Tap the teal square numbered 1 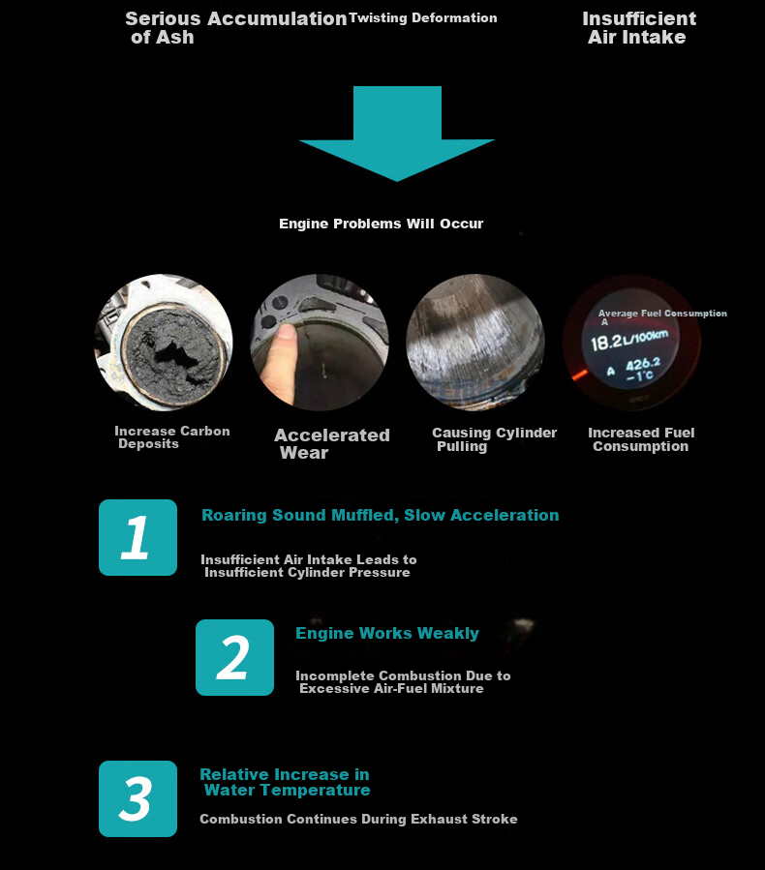point(138,537)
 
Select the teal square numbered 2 point(235,657)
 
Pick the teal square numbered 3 point(138,798)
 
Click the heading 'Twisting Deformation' point(422,17)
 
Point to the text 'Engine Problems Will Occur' point(381,224)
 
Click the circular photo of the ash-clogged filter point(164,343)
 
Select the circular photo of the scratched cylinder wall point(475,343)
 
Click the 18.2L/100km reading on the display point(629,340)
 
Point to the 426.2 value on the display point(643,365)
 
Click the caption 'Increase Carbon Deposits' point(172,437)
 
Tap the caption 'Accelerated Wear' point(332,444)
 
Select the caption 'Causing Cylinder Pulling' point(494,439)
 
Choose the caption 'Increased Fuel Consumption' point(641,439)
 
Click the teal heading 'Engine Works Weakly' point(387,633)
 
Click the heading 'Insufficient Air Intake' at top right point(639,28)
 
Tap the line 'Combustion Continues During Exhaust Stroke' point(358,819)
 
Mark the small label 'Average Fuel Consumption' point(662,314)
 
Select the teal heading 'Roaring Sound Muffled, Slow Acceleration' point(381,515)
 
